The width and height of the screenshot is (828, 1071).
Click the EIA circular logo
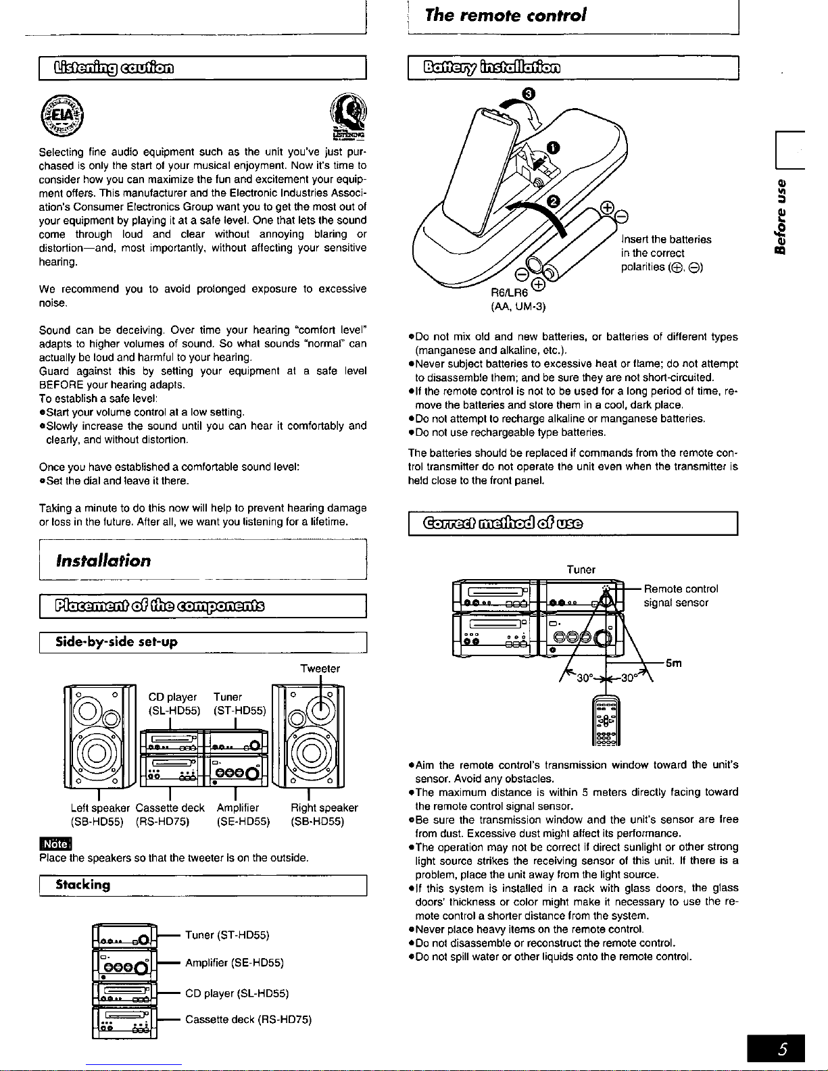pos(62,116)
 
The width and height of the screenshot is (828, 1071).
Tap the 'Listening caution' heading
pos(114,67)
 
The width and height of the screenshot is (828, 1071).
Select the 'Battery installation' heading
pos(492,67)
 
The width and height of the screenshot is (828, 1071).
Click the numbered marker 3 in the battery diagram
pos(529,94)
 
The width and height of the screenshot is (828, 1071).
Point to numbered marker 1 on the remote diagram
pos(553,148)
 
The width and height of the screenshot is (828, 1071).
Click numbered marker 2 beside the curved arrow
pos(554,201)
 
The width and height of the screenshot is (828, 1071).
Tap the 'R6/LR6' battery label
pos(509,293)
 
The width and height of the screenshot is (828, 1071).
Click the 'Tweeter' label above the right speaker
pos(320,669)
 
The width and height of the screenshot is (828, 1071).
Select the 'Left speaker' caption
pos(100,807)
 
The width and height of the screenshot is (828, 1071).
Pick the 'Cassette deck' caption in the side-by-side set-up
pos(170,807)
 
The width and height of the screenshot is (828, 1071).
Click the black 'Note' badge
pos(55,844)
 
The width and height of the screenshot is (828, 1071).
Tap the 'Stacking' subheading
pos(82,885)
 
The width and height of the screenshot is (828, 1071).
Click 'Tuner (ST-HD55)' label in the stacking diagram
pos(227,935)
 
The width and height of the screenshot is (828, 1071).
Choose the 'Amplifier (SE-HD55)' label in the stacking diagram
pos(235,963)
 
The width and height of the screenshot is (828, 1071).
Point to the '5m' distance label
pos(674,664)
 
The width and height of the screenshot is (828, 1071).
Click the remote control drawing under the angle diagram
pos(606,720)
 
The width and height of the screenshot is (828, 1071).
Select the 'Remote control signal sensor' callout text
pos(681,596)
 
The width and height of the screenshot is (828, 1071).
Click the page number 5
pos(783,1048)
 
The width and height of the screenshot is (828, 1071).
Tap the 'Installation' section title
pos(103,560)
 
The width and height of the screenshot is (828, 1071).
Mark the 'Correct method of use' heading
pos(503,523)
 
